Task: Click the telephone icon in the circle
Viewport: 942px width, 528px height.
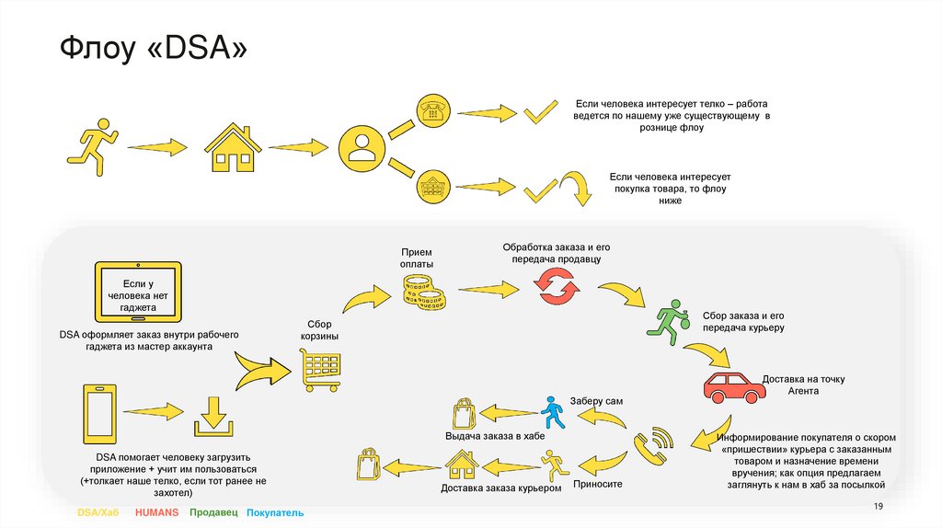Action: click(x=431, y=110)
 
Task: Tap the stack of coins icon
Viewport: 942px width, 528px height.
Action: click(x=423, y=292)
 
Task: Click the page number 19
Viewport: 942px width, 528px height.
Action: click(x=878, y=508)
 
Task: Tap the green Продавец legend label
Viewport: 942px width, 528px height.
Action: click(x=213, y=511)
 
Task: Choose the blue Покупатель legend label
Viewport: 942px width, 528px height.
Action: click(x=274, y=511)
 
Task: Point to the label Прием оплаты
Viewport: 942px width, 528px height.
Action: click(x=416, y=258)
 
